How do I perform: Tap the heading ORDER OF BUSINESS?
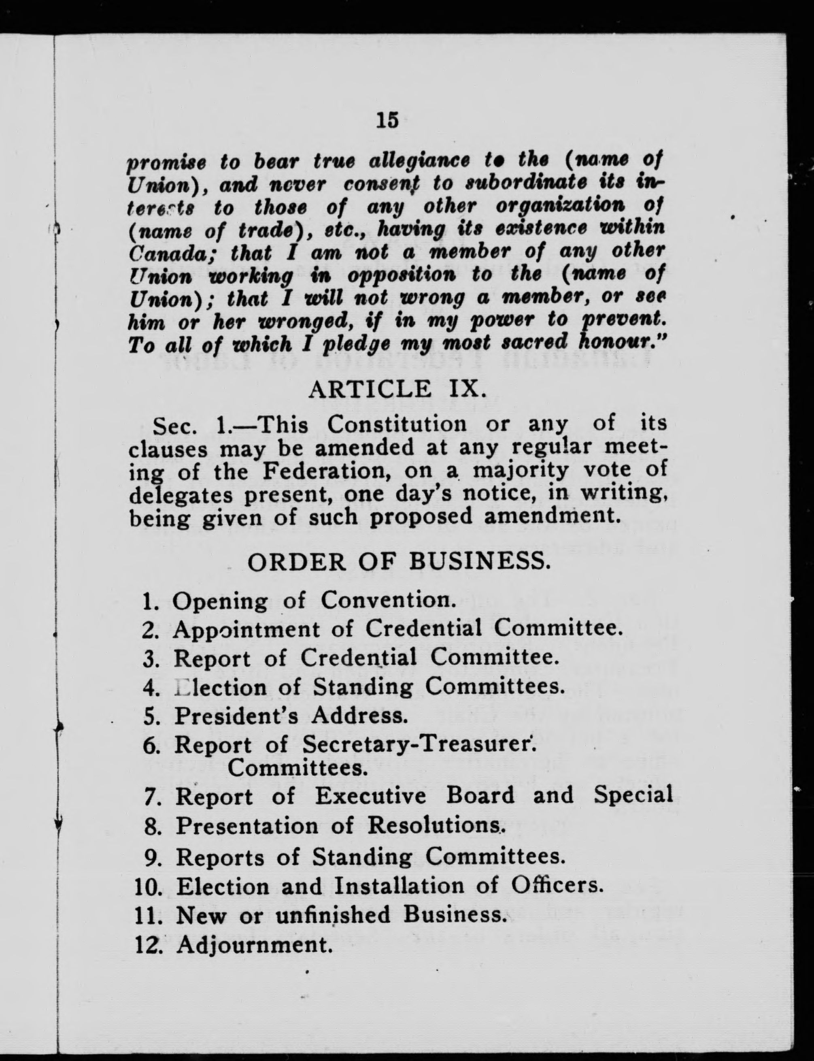[399, 562]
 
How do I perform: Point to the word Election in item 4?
[221, 688]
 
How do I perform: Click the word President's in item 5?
[236, 716]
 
